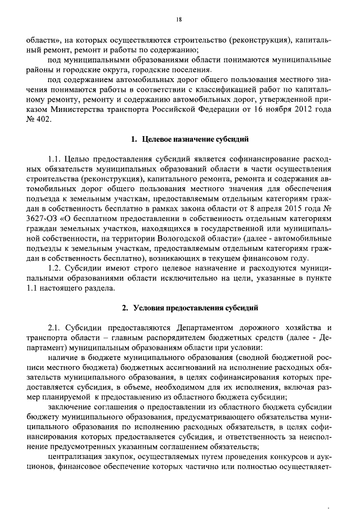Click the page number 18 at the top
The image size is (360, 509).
(x=179, y=20)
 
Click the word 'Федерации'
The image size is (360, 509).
(x=231, y=109)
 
